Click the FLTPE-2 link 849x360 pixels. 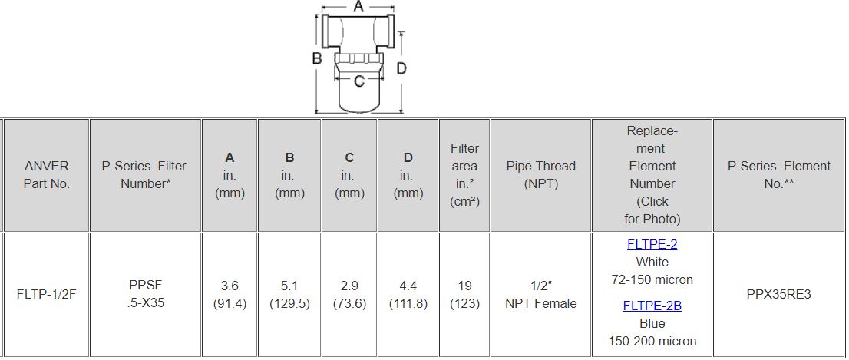652,244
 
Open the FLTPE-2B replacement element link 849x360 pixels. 652,306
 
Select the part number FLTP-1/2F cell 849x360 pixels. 47,295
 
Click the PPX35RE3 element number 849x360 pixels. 778,295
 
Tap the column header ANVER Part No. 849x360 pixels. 47,174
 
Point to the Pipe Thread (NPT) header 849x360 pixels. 541,174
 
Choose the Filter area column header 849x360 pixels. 464,175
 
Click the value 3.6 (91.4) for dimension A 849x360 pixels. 230,295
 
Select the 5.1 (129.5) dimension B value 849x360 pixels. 289,295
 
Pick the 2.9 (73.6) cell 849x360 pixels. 349,295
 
